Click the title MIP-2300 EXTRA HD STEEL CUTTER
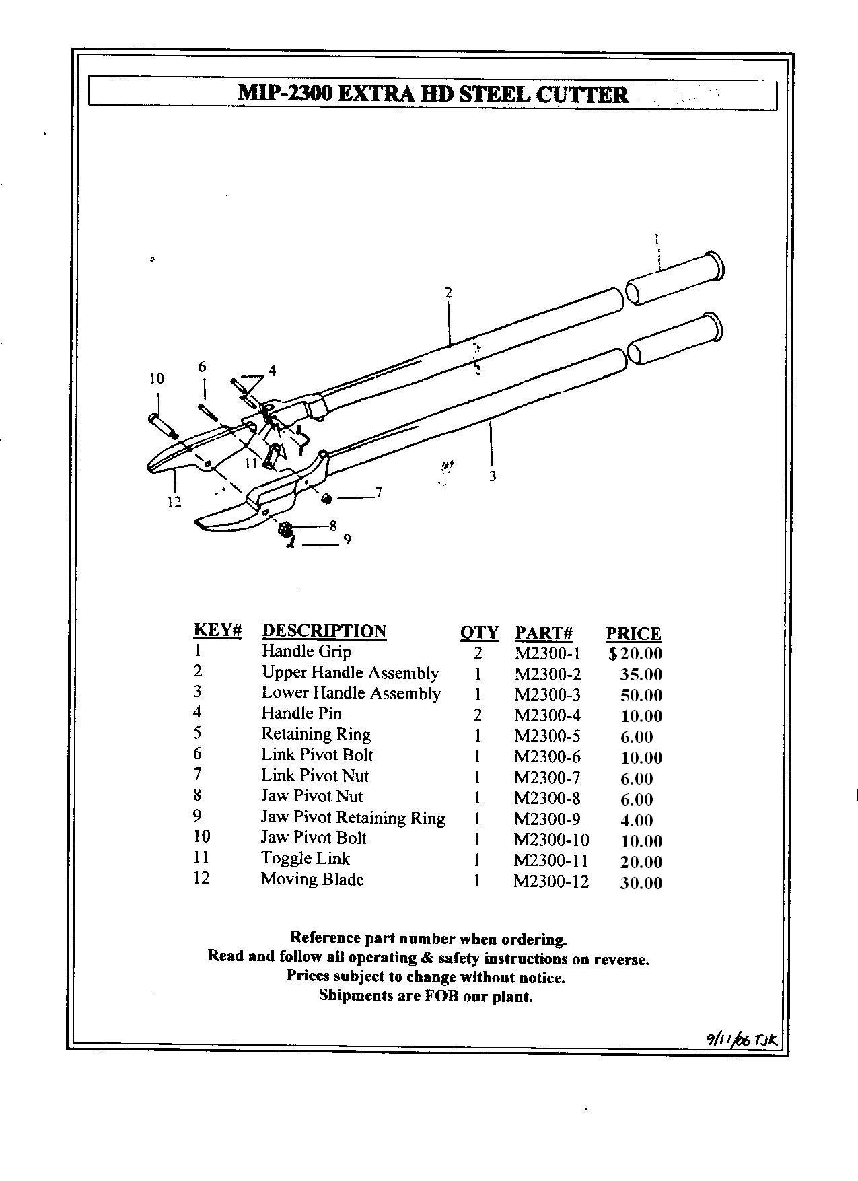tap(433, 94)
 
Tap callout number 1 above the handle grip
tap(657, 238)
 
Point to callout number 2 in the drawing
tap(448, 292)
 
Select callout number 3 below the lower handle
tap(493, 476)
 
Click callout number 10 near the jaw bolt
tap(156, 379)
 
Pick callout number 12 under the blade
tap(174, 501)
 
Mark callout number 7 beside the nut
tap(378, 493)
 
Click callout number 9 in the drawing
tap(347, 539)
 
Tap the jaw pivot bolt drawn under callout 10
tap(162, 427)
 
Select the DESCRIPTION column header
tap(324, 631)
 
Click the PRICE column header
tap(633, 634)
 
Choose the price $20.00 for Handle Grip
tap(635, 653)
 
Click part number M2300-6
tap(547, 757)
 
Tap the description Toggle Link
tap(306, 859)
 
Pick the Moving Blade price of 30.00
tap(641, 883)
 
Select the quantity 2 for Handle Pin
tap(478, 715)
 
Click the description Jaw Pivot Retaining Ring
tap(353, 818)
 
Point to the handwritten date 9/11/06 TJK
tap(741, 1040)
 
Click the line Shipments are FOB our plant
tap(425, 996)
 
